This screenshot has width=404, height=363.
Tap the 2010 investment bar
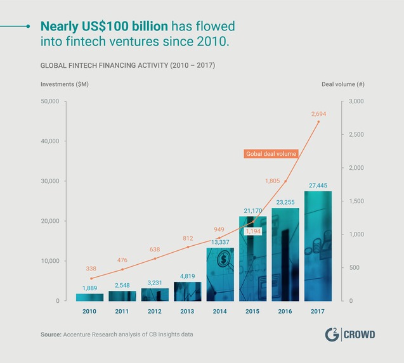click(89, 297)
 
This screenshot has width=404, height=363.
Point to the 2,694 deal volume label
click(318, 113)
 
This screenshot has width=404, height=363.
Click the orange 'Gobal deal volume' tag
click(271, 154)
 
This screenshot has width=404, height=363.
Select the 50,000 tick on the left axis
click(49, 101)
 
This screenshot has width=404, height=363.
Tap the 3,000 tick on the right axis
click(356, 101)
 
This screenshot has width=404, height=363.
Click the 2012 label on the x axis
click(155, 311)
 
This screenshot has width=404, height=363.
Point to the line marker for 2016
click(285, 181)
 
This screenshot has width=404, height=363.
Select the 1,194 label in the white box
click(252, 232)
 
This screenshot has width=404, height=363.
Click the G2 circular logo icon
click(330, 334)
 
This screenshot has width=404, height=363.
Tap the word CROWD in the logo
click(360, 334)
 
